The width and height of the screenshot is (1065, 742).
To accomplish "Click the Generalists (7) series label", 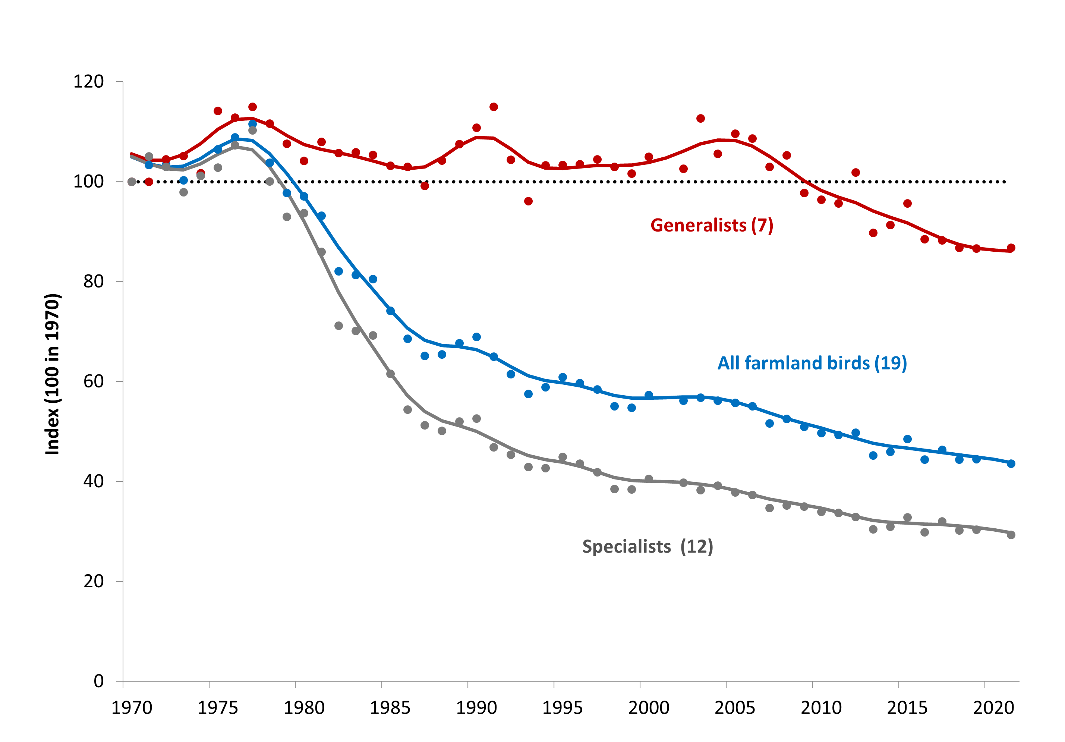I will coord(712,226).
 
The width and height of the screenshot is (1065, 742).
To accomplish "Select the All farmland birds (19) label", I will coord(812,363).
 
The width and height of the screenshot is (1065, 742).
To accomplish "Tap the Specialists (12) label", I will coord(647,547).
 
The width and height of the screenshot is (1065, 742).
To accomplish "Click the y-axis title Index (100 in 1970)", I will coord(53,374).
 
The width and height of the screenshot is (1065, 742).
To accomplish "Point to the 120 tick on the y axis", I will coord(89,82).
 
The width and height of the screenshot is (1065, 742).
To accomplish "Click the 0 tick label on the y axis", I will coord(98,681).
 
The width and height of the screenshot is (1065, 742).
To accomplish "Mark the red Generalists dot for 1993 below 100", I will coord(528,201).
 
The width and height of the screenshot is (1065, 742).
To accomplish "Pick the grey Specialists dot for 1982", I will coord(338,326).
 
